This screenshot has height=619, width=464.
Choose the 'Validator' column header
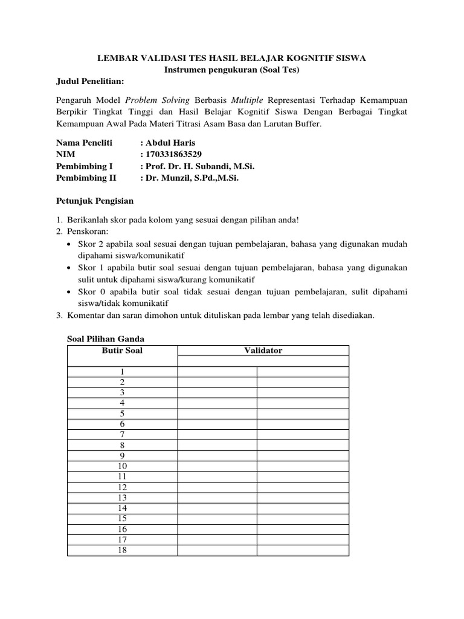(263, 351)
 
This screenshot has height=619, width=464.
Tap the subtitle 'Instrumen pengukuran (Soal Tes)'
(232, 70)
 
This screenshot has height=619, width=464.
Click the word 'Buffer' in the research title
(310, 123)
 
